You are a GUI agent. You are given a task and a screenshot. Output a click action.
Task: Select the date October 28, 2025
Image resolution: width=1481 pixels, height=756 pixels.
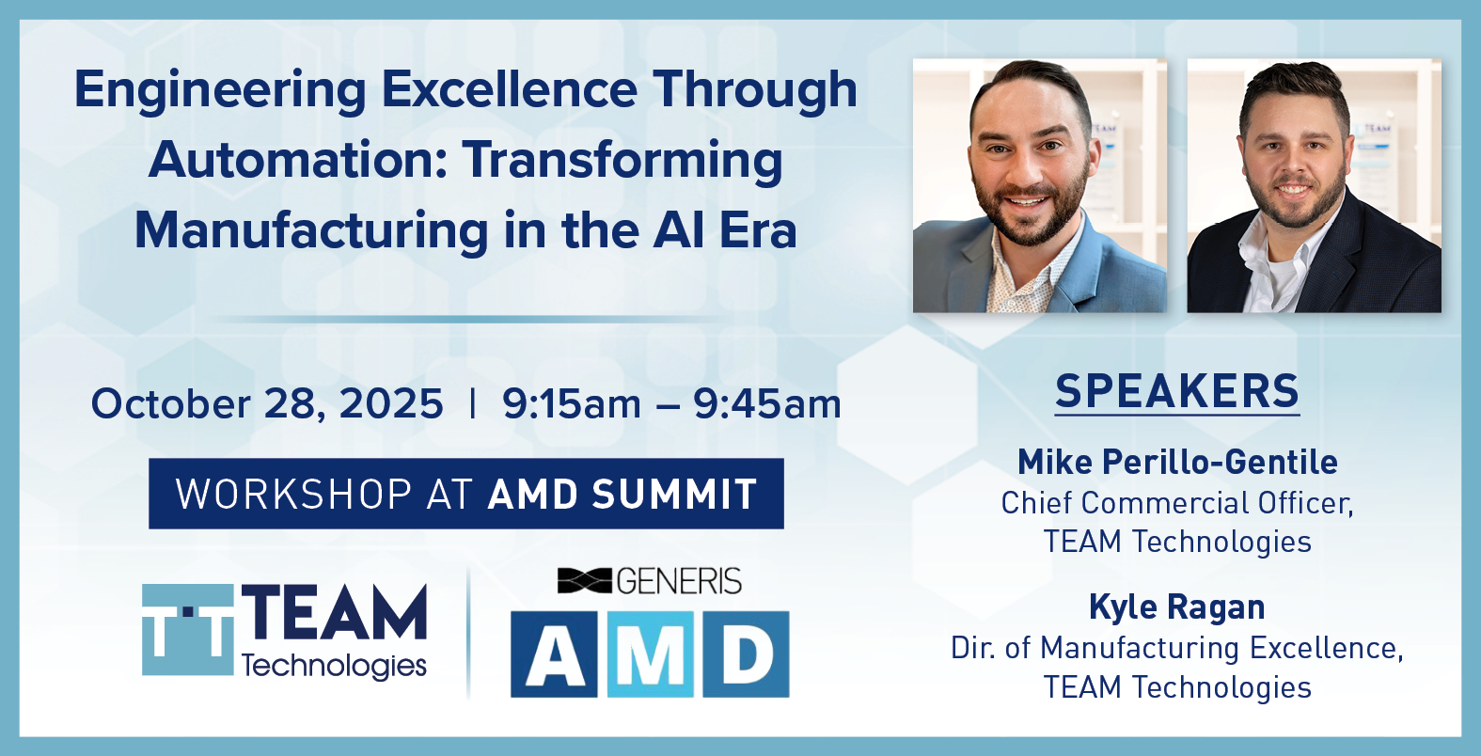267,403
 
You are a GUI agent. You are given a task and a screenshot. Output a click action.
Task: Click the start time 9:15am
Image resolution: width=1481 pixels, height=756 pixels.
572,403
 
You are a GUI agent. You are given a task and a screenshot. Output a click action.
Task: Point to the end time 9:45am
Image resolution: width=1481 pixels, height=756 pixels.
767,403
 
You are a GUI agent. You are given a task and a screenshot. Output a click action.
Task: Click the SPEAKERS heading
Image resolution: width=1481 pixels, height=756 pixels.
1177,391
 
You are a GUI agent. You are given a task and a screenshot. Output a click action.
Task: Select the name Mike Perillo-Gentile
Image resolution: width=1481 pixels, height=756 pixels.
1177,462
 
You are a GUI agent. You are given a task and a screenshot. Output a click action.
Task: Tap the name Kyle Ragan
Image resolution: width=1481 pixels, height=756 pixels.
1177,607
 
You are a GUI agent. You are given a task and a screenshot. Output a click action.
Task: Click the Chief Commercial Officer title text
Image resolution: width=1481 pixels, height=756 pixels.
1177,503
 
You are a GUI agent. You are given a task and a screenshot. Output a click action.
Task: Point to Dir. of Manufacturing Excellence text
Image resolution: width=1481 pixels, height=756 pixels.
1177,648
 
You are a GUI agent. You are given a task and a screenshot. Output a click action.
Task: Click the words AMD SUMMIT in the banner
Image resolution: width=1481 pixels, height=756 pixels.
622,494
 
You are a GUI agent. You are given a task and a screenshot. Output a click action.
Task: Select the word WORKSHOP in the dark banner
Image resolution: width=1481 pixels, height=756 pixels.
294,494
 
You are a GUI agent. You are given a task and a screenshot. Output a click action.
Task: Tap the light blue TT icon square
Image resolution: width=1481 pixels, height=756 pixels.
188,630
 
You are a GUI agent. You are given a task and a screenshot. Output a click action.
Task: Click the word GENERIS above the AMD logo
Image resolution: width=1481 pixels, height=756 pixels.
679,581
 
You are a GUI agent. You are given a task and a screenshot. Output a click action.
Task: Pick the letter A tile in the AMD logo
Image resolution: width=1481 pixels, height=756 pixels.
554,654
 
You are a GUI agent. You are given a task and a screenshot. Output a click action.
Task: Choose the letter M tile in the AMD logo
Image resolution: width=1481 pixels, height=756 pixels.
651,654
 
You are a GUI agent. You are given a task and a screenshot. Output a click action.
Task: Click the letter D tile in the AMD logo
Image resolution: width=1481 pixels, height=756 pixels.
746,654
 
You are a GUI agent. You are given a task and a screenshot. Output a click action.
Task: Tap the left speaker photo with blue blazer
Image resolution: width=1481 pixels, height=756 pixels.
1040,186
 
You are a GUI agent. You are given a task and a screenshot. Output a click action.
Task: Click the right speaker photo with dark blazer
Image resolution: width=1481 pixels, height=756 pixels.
1315,186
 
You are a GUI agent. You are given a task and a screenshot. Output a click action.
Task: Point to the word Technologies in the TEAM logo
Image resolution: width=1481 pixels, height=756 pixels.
334,666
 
